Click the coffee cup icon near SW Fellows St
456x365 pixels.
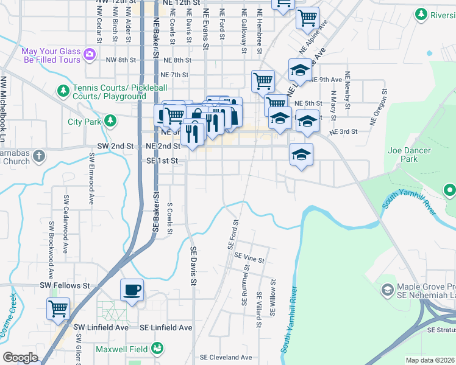132,291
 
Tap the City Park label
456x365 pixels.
84,122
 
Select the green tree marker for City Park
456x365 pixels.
110,121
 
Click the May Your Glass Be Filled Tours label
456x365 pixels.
52,55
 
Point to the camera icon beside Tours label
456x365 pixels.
90,55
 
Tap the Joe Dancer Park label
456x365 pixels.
410,155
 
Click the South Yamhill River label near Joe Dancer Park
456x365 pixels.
409,201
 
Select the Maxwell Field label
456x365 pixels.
122,349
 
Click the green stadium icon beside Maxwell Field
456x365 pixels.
157,349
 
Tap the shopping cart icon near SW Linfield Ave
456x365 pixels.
58,308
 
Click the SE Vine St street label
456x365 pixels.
250,259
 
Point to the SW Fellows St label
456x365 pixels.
65,285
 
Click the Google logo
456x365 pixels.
20,358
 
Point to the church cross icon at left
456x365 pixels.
39,156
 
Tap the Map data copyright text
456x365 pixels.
430,360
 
